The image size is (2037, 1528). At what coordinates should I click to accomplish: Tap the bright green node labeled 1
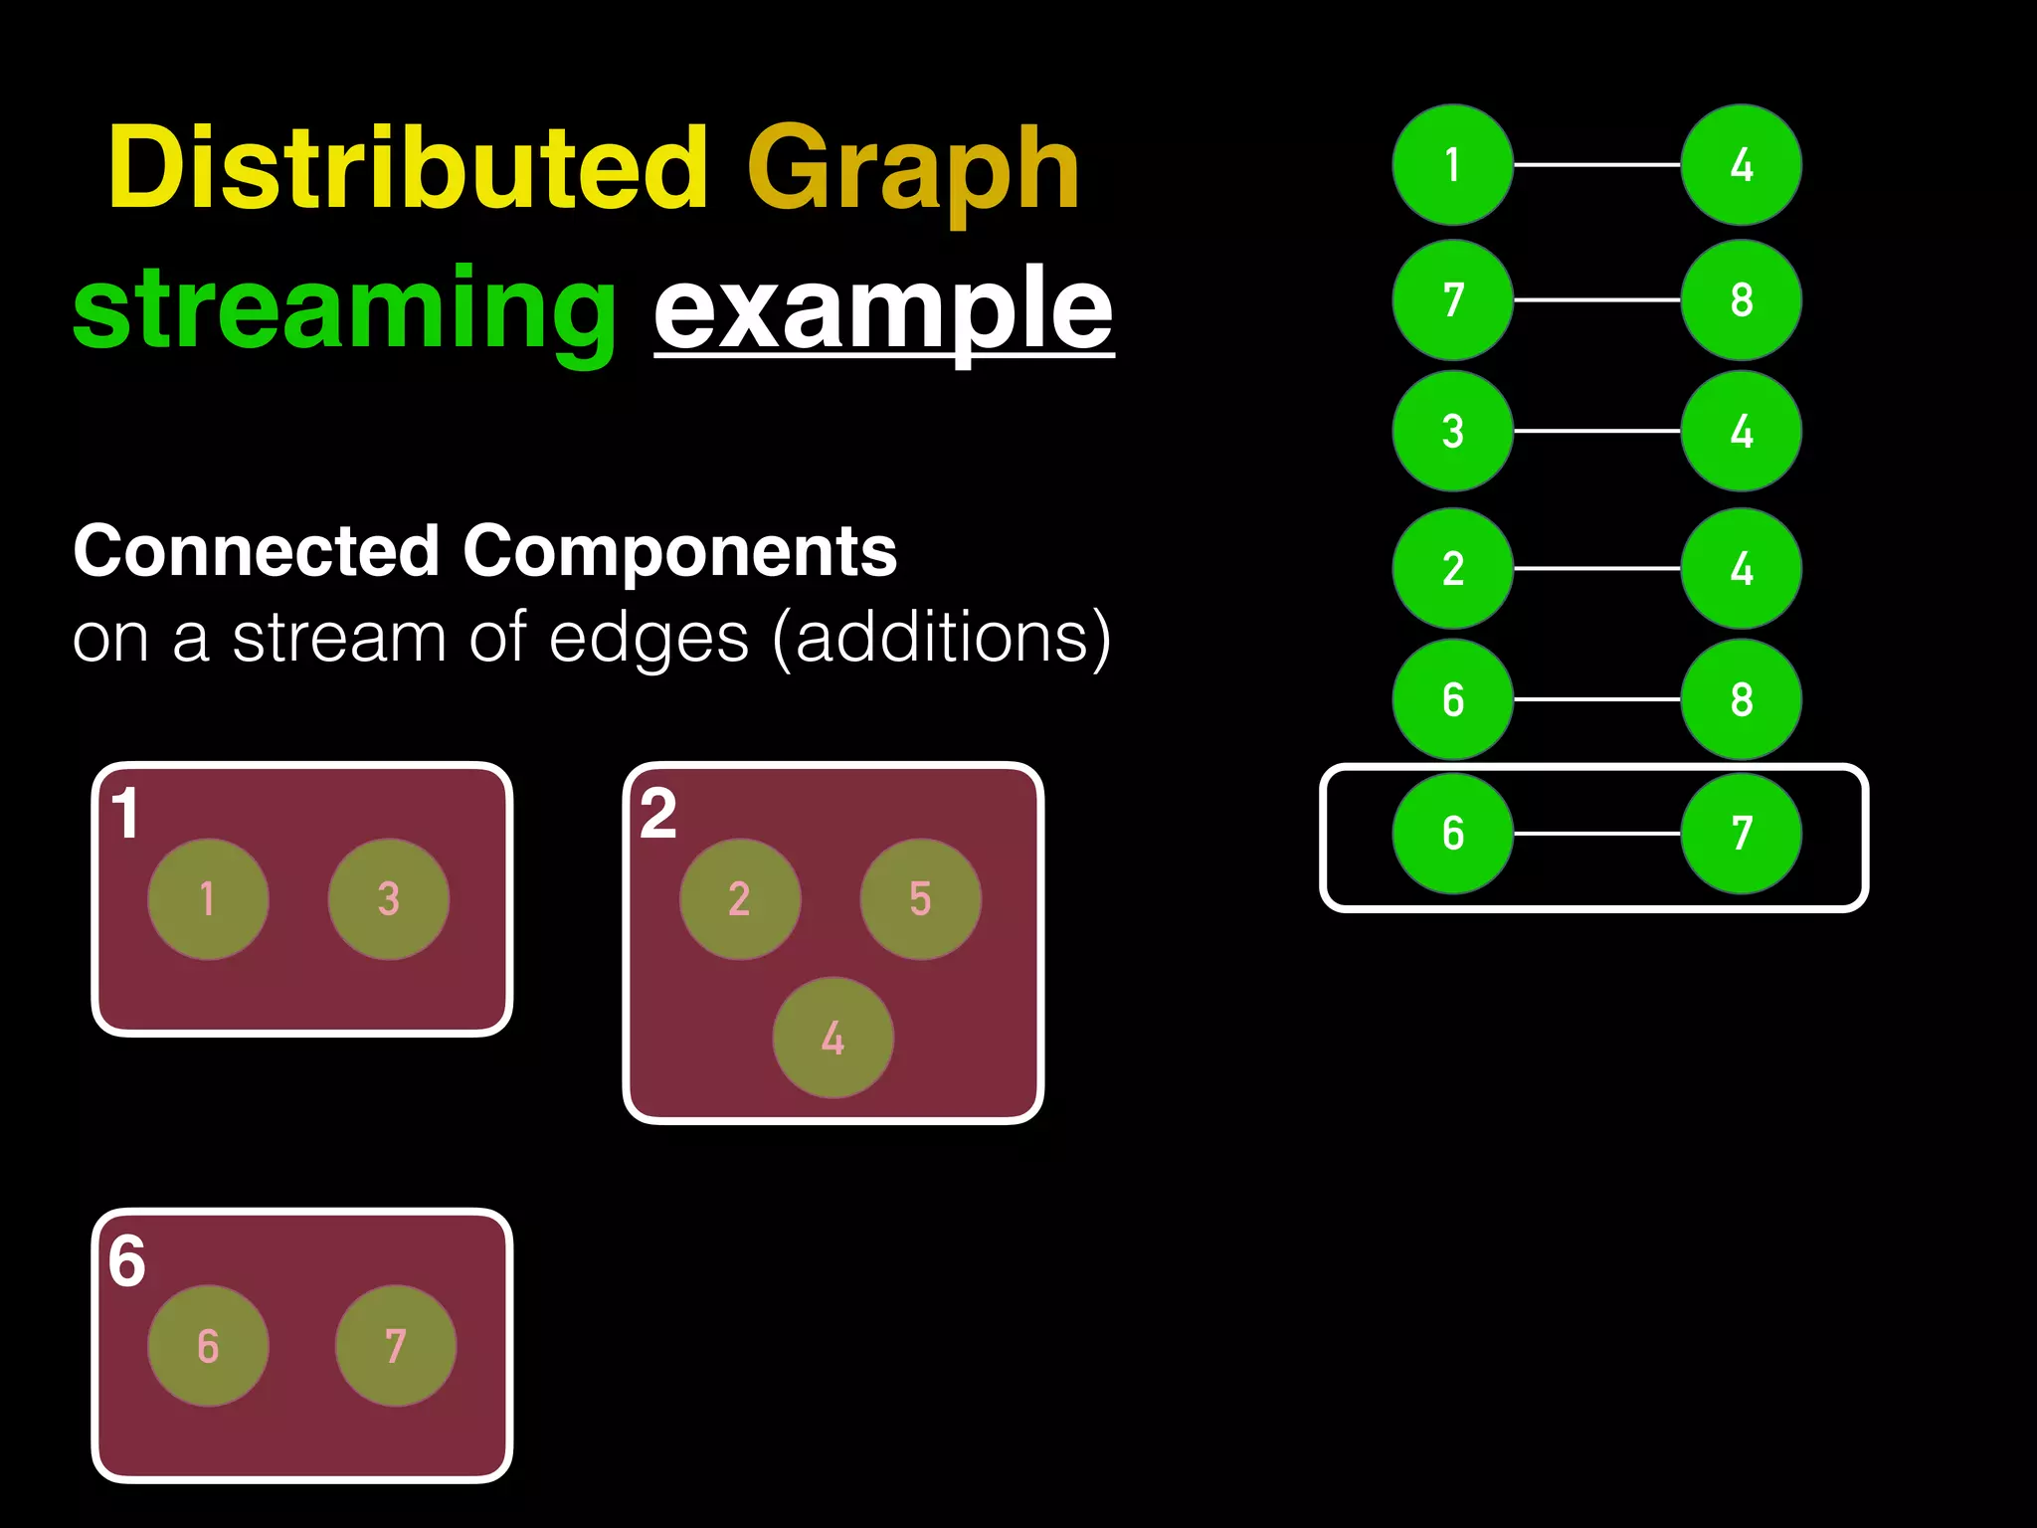pos(1452,165)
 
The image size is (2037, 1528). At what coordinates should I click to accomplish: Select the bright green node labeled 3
pos(1452,431)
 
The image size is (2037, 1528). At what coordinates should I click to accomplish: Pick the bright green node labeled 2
pos(1452,568)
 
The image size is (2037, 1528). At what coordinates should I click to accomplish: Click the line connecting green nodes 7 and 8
pos(1596,299)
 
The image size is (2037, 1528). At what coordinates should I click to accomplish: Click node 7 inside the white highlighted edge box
pos(1741,834)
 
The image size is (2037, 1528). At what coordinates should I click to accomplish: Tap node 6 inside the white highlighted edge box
pos(1452,834)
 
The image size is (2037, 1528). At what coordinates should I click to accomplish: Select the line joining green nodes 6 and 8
pos(1596,699)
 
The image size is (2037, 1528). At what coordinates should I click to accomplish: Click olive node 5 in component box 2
pos(920,899)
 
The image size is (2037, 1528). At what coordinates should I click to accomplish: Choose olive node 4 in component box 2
pos(833,1038)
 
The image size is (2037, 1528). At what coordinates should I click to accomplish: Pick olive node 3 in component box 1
pos(388,899)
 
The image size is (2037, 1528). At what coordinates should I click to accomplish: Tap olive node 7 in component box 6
pos(395,1346)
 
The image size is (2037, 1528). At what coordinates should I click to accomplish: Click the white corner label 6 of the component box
pos(127,1261)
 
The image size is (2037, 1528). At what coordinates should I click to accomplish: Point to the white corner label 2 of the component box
pos(658,815)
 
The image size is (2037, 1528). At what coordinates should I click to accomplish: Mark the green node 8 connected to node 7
pos(1741,299)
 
